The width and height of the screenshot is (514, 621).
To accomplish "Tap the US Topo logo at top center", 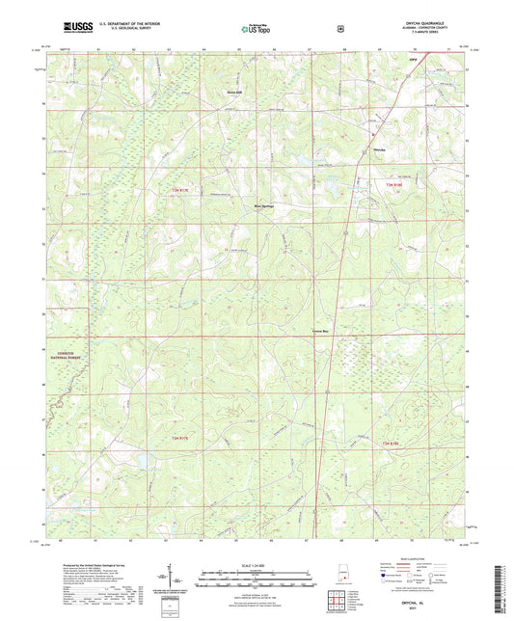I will [256, 30].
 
